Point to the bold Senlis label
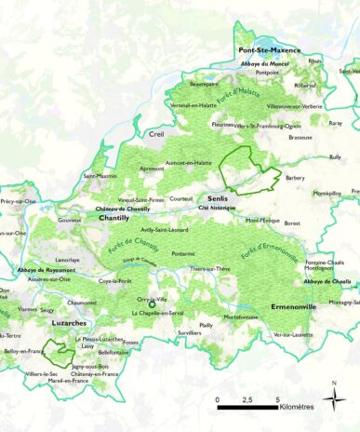[x=218, y=198]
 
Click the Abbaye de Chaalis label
[x=327, y=281]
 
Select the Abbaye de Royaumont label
[x=45, y=270]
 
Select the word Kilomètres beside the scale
[x=293, y=406]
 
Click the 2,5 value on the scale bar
[x=247, y=399]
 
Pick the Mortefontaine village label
[x=241, y=317]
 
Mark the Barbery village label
[x=295, y=178]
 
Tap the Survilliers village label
[x=190, y=332]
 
